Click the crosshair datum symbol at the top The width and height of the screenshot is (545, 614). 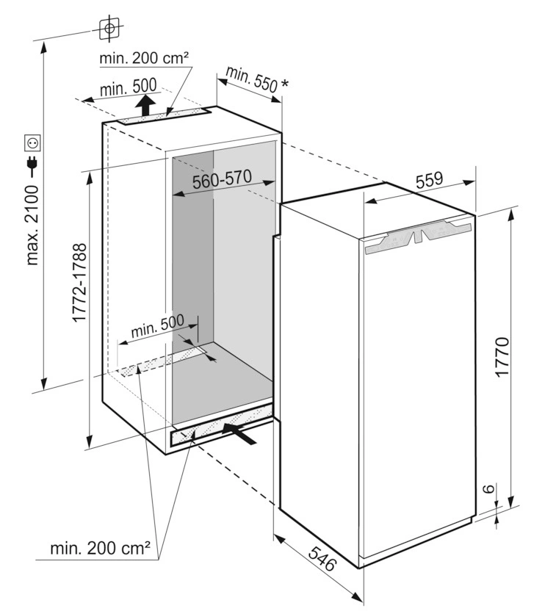[109, 29]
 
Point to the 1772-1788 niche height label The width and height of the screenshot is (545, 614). [80, 283]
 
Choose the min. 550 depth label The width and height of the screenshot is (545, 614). [251, 79]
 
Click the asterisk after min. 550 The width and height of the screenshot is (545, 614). [284, 85]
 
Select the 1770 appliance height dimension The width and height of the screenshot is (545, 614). [502, 358]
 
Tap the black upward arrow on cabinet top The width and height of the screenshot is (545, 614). [148, 104]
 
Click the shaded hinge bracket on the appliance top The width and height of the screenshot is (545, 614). [416, 237]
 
